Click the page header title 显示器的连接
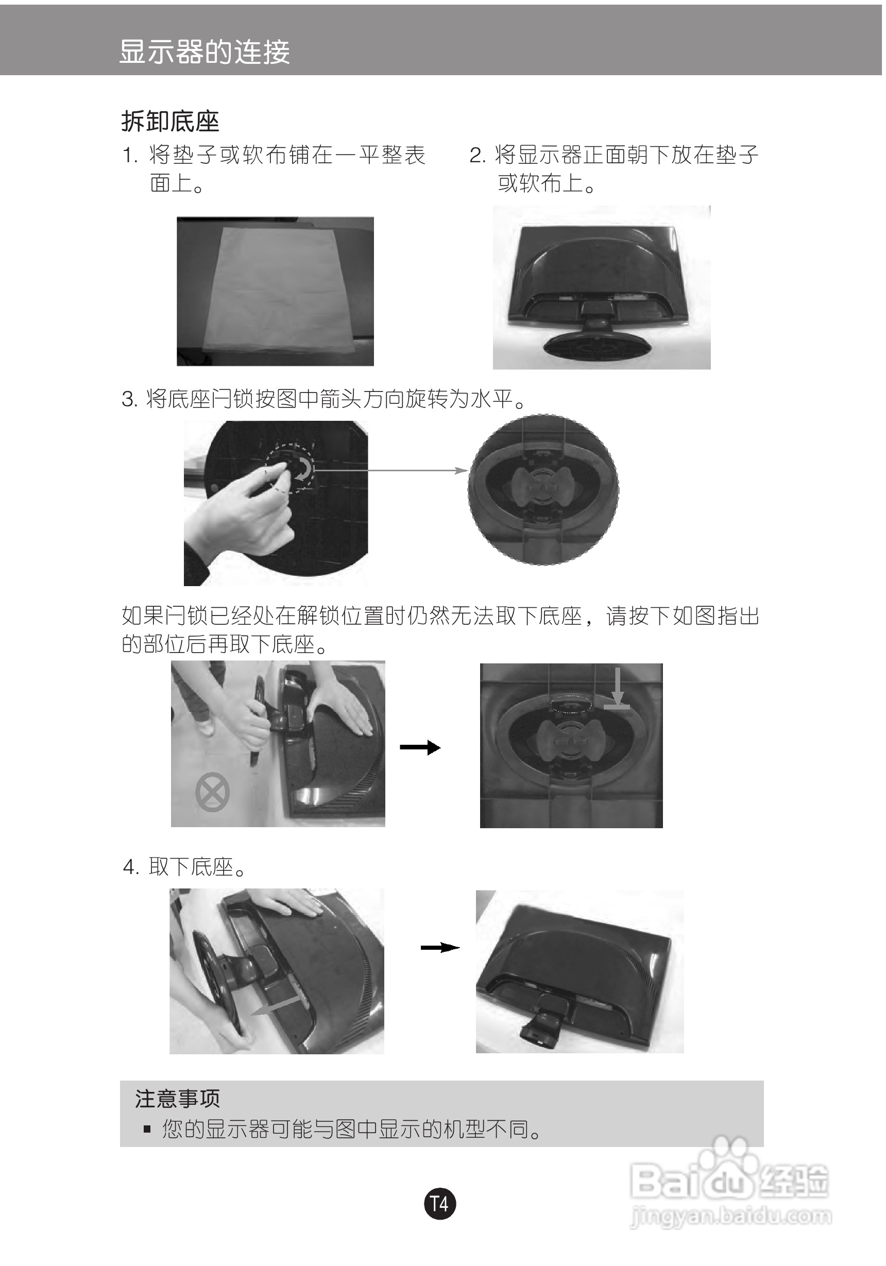(204, 53)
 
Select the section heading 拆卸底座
(170, 122)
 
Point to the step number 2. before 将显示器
(477, 156)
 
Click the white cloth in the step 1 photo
(279, 289)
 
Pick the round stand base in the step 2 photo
(599, 346)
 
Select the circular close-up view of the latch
(543, 490)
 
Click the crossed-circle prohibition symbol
(212, 792)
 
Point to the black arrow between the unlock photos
(420, 748)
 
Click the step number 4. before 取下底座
(130, 867)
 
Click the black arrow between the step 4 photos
(440, 947)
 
